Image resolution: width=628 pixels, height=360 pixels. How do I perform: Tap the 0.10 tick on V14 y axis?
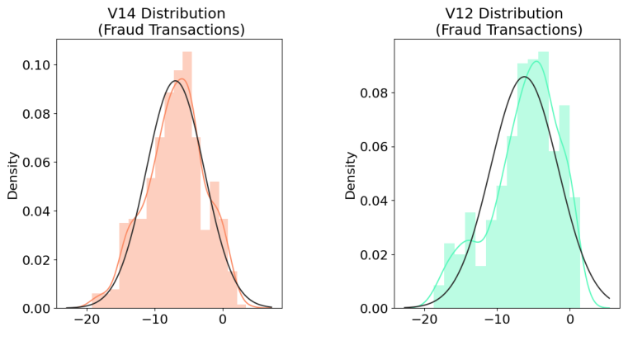[36, 64]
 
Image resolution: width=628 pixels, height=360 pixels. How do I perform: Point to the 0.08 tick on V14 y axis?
[36, 113]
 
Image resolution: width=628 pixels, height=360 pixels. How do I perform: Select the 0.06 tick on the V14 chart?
[36, 162]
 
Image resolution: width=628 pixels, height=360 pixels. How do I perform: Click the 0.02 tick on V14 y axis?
[36, 259]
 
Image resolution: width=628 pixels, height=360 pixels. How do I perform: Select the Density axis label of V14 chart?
[13, 174]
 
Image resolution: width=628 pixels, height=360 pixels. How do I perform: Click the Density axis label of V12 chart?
[351, 174]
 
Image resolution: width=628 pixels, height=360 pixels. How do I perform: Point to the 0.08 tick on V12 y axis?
[375, 93]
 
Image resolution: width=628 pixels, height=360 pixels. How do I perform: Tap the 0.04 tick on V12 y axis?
[375, 201]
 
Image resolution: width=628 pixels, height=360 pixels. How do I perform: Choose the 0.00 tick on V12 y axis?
[375, 308]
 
